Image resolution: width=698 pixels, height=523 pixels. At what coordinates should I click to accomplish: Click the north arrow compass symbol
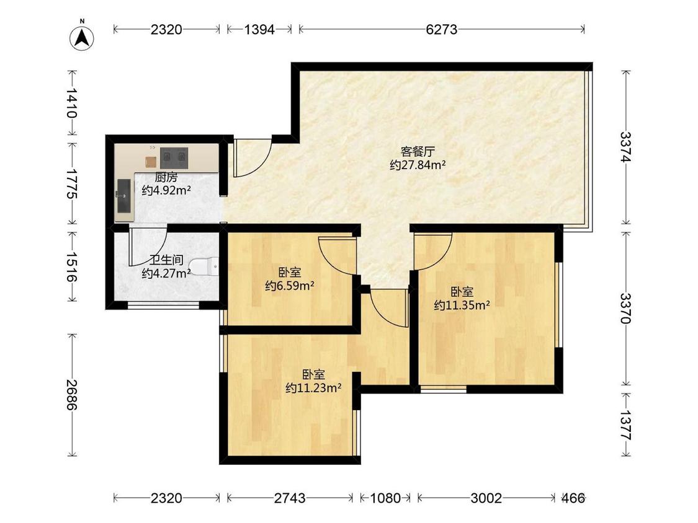[x=82, y=37]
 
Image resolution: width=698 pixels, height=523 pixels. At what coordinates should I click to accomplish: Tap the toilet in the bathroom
[x=204, y=266]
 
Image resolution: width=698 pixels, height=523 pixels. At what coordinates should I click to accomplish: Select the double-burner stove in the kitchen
[x=174, y=158]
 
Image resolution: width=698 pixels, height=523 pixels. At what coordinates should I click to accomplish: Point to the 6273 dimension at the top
[x=441, y=29]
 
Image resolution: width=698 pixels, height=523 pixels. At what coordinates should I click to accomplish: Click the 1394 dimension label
[x=259, y=29]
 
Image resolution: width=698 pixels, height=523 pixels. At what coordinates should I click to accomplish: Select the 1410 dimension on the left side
[x=72, y=103]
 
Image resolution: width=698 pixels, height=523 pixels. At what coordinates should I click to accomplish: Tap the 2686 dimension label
[x=72, y=395]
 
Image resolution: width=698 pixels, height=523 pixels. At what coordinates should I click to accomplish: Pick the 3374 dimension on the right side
[x=626, y=147]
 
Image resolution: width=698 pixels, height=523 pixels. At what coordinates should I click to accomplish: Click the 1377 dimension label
[x=626, y=424]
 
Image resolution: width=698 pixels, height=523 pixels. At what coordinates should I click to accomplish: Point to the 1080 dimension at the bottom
[x=385, y=498]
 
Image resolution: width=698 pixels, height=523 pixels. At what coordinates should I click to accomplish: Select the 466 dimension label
[x=573, y=498]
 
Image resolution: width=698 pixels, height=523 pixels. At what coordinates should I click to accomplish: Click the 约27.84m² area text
[x=418, y=165]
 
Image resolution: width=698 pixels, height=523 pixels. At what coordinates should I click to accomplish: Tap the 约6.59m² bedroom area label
[x=290, y=286]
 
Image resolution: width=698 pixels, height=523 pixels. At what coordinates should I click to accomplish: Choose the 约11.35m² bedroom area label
[x=462, y=305]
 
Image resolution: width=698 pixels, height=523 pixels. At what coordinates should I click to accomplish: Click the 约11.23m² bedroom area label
[x=313, y=388]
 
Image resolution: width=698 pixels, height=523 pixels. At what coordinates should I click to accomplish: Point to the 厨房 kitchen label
[x=166, y=177]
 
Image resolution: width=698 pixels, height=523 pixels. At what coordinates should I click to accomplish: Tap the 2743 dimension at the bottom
[x=290, y=498]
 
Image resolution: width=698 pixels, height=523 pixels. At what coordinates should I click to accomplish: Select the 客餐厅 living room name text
[x=418, y=152]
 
